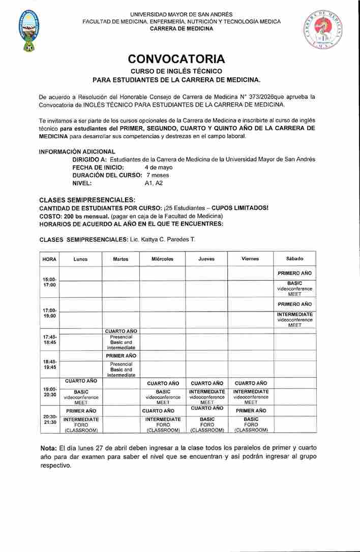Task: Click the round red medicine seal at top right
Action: point(324,30)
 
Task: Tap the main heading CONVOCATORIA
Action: point(176,59)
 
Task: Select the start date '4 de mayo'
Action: point(158,167)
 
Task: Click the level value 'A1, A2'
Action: point(154,183)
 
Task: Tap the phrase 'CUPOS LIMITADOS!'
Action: point(240,208)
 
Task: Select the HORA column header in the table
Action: point(49,259)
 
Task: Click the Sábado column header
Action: point(294,259)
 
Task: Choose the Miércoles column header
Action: point(162,259)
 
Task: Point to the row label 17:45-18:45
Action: point(49,340)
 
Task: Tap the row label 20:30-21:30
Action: point(49,419)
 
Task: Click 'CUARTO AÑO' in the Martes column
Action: point(121,331)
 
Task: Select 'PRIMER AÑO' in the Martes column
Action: point(121,356)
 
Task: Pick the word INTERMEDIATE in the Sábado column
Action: point(295,314)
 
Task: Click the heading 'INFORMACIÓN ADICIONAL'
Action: point(77,151)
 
